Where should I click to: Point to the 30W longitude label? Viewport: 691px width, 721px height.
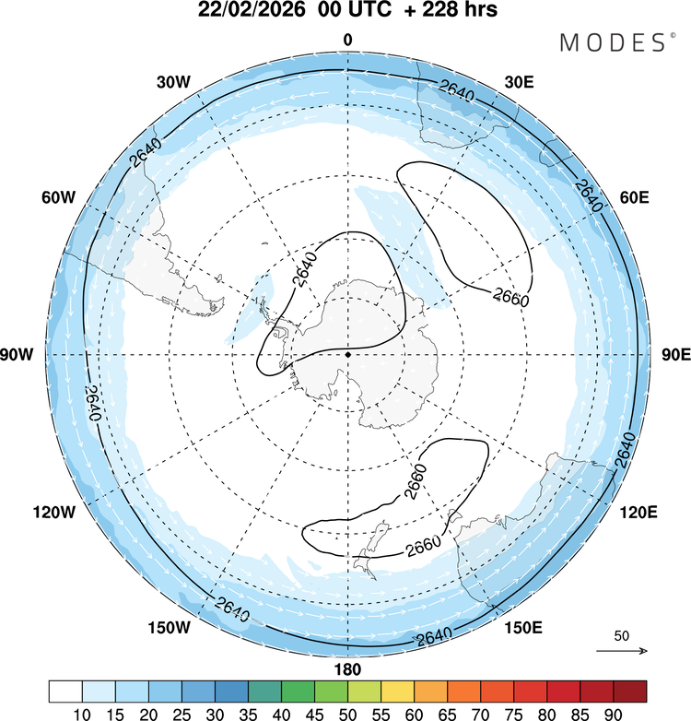point(172,81)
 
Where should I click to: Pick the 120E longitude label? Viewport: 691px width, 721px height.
point(637,511)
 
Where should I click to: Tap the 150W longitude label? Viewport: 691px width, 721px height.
point(170,628)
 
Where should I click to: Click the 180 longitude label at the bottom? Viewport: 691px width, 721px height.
point(348,668)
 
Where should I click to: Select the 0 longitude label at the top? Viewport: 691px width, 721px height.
point(347,40)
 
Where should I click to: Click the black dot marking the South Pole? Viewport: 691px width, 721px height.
point(348,354)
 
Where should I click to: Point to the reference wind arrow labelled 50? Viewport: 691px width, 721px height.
point(622,650)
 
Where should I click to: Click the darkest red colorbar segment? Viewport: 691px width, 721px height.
point(629,691)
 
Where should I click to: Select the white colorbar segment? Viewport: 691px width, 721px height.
point(66,691)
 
